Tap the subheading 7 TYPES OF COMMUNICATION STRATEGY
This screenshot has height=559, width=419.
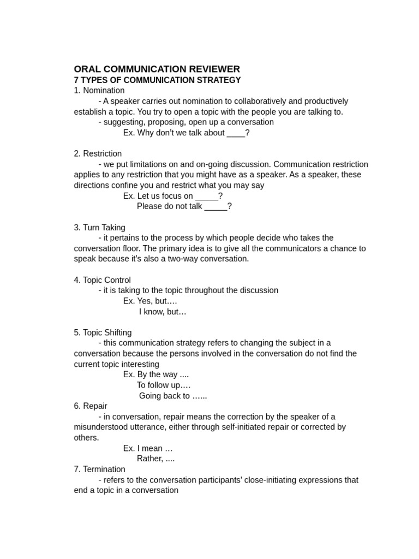point(157,80)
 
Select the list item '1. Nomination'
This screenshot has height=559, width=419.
point(99,91)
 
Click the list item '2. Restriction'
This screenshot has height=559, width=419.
point(98,153)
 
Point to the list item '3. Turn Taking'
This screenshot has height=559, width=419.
point(100,227)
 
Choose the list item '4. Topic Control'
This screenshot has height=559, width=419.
point(103,280)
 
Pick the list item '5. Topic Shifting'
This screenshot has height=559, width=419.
point(103,332)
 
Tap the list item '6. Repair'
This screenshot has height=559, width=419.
point(91,406)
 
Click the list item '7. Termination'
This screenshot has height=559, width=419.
point(100,469)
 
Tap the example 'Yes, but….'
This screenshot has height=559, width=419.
point(150,301)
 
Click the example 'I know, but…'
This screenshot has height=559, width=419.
point(163,312)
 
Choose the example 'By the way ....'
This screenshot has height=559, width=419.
point(156,374)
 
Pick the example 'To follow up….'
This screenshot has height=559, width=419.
point(164,385)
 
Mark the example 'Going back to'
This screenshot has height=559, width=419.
point(172,396)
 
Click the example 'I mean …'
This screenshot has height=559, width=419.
point(148,448)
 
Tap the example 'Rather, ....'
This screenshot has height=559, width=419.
point(155,459)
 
